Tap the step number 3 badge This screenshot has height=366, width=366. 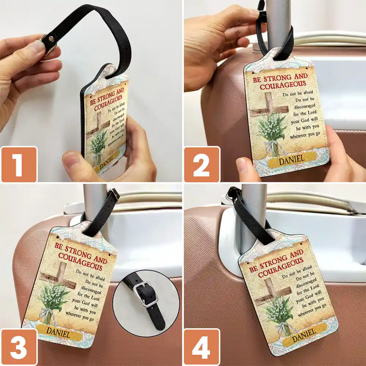click(x=19, y=347)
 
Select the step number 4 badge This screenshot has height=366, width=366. click(x=202, y=347)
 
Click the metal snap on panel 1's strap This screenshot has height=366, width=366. click(x=47, y=39)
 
